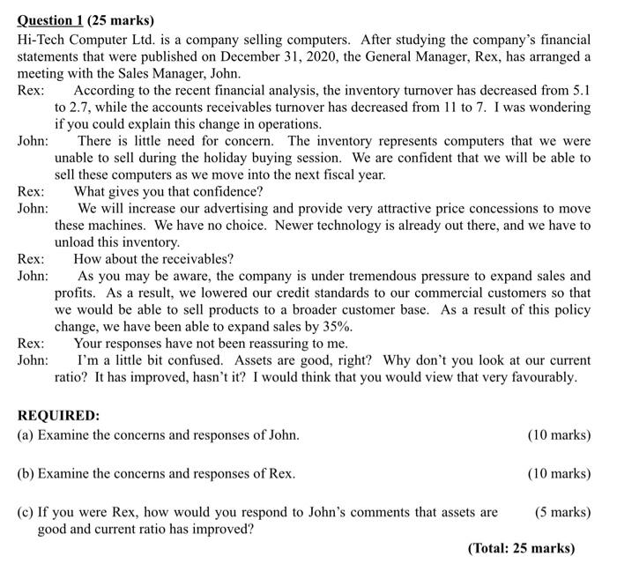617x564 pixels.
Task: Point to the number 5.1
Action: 579,91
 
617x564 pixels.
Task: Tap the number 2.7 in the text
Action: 86,108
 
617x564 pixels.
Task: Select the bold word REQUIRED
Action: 58,415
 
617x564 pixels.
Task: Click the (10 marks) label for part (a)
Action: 558,434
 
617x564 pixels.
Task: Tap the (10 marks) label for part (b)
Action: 558,473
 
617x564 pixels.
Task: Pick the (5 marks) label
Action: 561,512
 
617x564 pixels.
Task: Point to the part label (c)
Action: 26,512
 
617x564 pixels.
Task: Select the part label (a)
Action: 26,434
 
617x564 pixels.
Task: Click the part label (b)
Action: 26,473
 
